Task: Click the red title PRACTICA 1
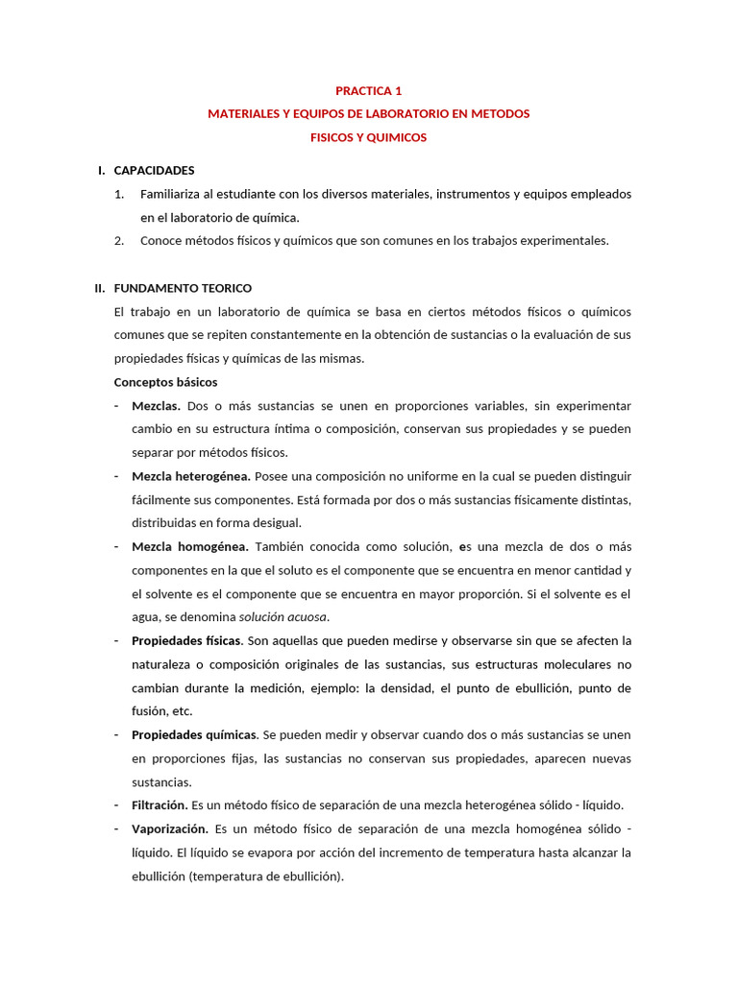368,91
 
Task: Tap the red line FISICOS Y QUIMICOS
368,137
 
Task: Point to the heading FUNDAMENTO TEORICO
183,288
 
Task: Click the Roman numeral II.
99,288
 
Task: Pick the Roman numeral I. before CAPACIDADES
101,170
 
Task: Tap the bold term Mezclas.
156,406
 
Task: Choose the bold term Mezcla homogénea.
189,546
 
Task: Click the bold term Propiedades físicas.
187,640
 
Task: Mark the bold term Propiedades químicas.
194,734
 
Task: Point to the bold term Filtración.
160,804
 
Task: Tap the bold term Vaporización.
170,828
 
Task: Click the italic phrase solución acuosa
283,617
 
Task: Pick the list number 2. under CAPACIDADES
119,241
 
